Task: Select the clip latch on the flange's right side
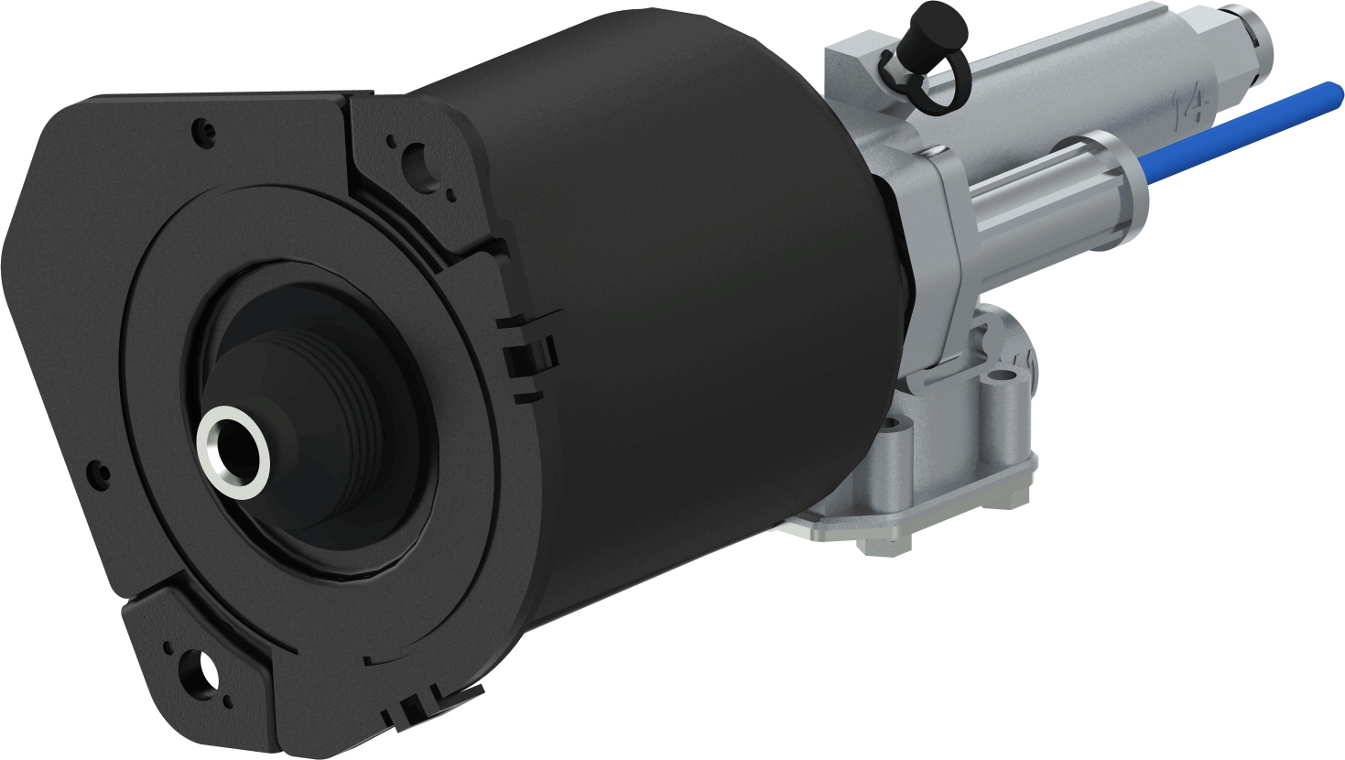(x=531, y=353)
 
